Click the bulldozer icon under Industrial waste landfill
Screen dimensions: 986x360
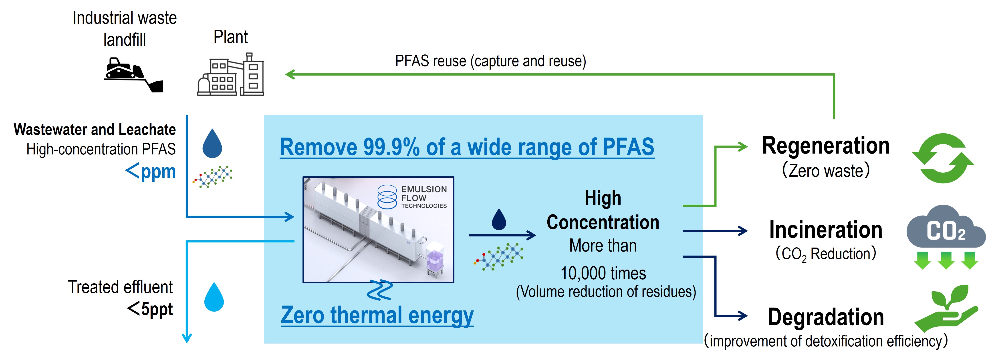pyautogui.click(x=134, y=75)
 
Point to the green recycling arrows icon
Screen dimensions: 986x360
pyautogui.click(x=943, y=158)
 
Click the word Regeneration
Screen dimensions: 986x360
pyautogui.click(x=826, y=146)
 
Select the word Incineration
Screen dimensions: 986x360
pyautogui.click(x=826, y=230)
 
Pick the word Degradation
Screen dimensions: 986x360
pyautogui.click(x=826, y=317)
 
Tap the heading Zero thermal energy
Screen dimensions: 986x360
pyautogui.click(x=377, y=316)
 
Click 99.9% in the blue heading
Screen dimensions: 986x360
pyautogui.click(x=391, y=147)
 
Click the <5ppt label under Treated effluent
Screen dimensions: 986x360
pyautogui.click(x=150, y=308)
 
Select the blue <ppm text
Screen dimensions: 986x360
pyautogui.click(x=150, y=171)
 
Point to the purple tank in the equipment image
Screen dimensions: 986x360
pyautogui.click(x=435, y=256)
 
